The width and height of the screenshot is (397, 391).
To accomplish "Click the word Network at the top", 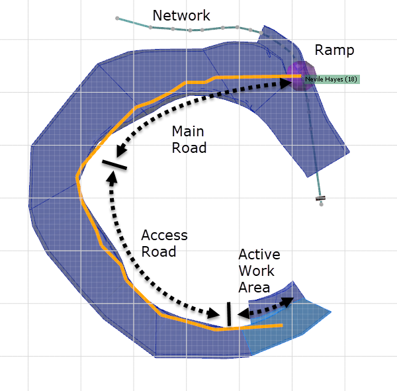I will (x=181, y=15).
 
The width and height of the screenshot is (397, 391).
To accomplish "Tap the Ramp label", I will (x=334, y=50).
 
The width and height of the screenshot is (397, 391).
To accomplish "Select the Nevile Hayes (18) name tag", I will (x=331, y=79).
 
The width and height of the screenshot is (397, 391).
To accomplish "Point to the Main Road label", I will (x=189, y=140).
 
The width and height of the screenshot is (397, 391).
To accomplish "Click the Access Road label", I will (x=164, y=243).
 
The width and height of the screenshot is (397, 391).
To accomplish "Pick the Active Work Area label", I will (x=259, y=271).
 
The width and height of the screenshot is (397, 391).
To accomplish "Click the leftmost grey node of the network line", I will (x=117, y=18).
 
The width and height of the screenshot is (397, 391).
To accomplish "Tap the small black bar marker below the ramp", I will (x=321, y=197).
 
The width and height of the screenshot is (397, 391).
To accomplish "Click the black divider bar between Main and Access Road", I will (x=114, y=163).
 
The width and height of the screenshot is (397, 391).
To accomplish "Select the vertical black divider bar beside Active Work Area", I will (x=228, y=314).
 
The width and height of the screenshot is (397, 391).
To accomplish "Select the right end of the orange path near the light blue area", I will (x=282, y=326).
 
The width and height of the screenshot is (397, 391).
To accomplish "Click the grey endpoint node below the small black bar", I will (x=322, y=204).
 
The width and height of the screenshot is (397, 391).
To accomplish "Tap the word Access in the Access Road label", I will (x=164, y=236).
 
